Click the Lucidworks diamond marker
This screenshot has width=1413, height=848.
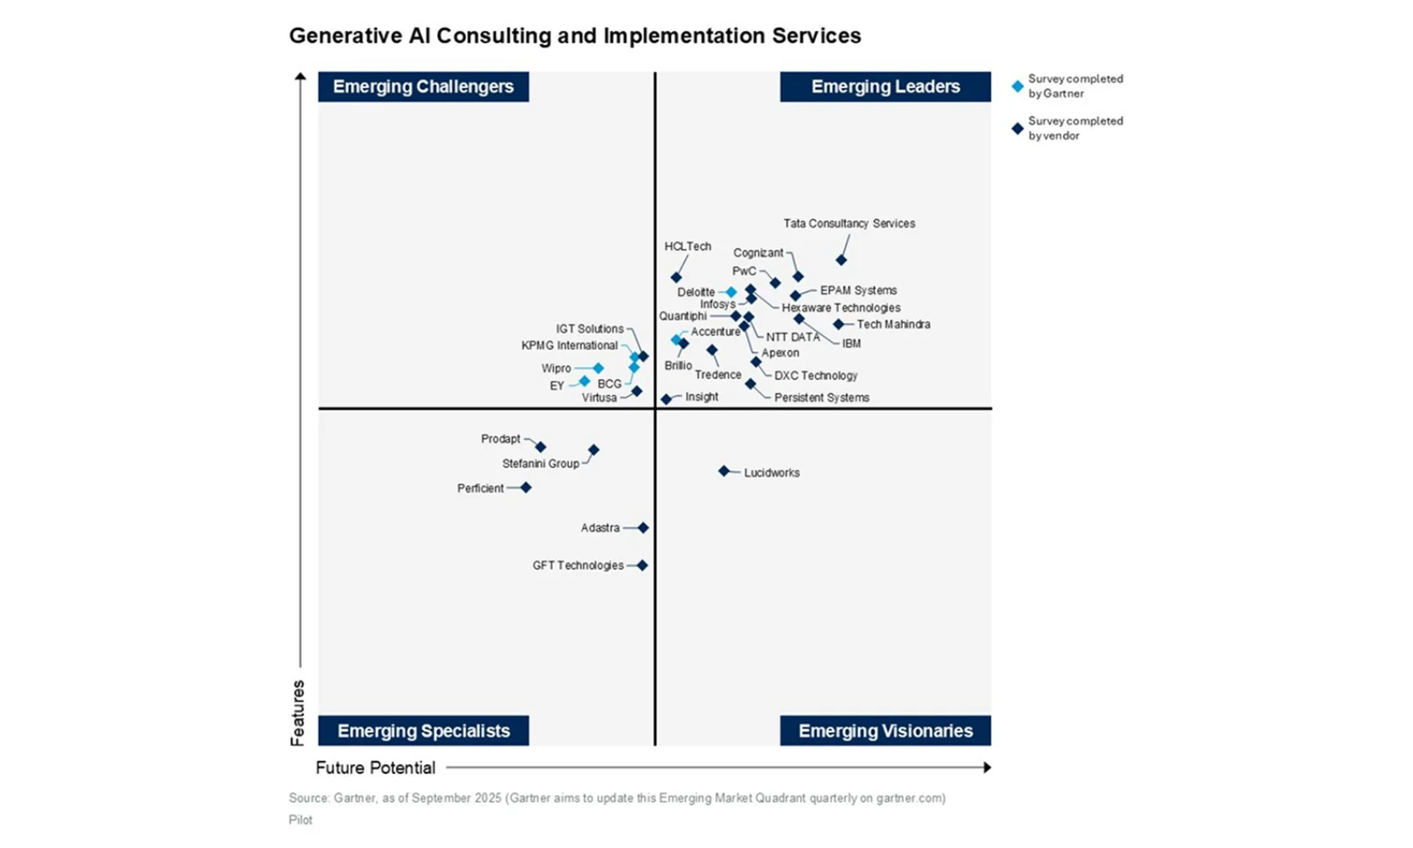(x=724, y=472)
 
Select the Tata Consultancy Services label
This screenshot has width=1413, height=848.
(x=849, y=223)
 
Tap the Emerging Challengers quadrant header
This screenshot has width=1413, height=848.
(x=423, y=87)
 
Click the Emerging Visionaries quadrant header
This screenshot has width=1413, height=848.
(x=885, y=731)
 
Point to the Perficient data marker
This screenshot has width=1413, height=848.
(x=525, y=488)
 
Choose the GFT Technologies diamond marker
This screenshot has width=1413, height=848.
(x=642, y=565)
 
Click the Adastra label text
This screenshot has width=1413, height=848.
(x=600, y=528)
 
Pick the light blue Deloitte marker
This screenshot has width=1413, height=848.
(x=731, y=292)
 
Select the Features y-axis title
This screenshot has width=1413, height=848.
(x=298, y=712)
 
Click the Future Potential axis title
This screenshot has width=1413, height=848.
(x=375, y=768)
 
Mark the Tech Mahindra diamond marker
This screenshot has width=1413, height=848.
(x=838, y=324)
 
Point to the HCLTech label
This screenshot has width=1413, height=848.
(x=687, y=246)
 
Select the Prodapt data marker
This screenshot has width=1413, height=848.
(x=540, y=447)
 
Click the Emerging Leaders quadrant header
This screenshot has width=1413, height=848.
(x=885, y=87)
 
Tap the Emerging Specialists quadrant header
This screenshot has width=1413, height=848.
(x=423, y=731)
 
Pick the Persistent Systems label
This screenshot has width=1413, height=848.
(x=821, y=397)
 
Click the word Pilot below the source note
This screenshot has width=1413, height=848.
(x=300, y=820)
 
